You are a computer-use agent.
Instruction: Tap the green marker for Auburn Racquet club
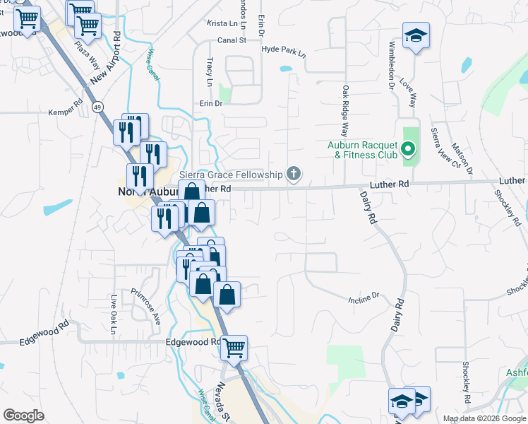(407, 149)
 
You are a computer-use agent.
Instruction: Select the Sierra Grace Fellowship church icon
(294, 174)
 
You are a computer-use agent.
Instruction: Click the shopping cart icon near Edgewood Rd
(234, 348)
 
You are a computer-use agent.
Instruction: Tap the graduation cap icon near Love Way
(416, 35)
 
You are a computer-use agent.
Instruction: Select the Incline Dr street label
(364, 297)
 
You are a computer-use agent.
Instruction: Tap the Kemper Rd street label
(66, 112)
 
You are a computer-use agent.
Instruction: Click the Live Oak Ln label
(112, 316)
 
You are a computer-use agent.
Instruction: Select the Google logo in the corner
(24, 416)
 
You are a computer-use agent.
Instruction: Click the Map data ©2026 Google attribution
(484, 418)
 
